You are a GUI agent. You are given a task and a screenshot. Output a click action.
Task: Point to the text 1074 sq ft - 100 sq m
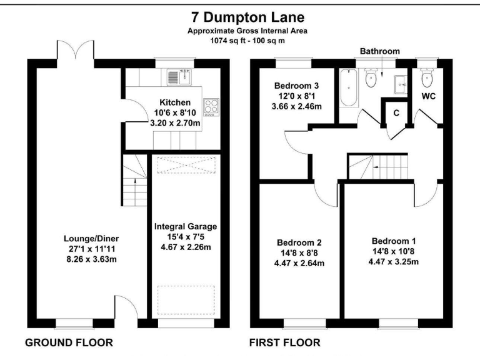(240, 39)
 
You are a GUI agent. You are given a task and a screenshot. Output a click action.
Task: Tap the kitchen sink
(178, 77)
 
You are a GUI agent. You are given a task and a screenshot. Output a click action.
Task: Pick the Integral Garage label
(186, 227)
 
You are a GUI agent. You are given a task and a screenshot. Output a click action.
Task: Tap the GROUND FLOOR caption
(68, 342)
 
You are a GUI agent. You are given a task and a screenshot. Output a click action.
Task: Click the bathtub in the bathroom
(347, 87)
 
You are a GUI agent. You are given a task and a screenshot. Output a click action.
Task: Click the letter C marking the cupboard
(396, 112)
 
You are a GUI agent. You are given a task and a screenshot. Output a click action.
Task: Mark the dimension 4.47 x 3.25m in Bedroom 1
(394, 261)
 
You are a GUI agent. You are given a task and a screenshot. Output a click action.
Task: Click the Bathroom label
(379, 51)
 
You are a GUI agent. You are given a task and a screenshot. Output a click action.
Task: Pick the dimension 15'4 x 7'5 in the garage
(186, 236)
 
